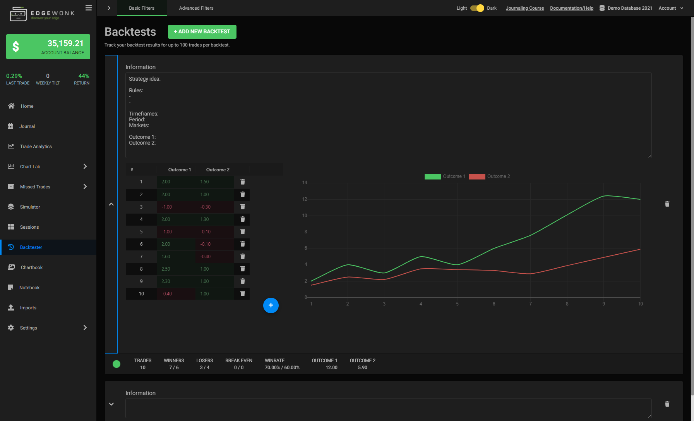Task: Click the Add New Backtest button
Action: pos(202,32)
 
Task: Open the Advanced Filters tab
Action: pos(196,8)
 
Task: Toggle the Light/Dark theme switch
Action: pos(477,8)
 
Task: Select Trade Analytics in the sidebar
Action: pos(36,147)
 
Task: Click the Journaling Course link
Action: pos(524,8)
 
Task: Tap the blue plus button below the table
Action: pos(271,305)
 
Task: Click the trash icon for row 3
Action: pos(243,207)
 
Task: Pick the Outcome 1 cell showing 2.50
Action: pos(166,269)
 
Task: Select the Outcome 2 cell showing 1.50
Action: pos(205,182)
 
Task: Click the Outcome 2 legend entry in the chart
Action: pos(490,176)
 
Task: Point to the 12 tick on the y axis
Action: pos(305,199)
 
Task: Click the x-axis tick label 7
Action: pos(530,304)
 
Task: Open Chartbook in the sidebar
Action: pos(31,267)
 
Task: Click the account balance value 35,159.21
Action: pos(65,43)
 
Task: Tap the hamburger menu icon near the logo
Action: pos(89,8)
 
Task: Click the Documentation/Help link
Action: pos(571,8)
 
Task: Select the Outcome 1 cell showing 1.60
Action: pos(166,257)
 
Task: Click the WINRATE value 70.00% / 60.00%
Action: pos(282,368)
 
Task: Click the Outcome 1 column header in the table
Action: pos(180,170)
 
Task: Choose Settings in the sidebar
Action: pos(28,328)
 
